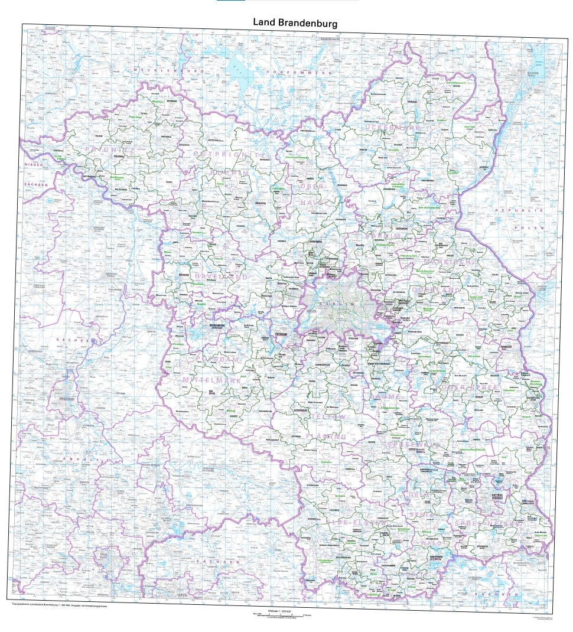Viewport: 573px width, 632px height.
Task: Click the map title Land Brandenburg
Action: tap(295, 22)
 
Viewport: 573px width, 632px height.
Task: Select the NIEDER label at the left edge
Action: tap(33, 164)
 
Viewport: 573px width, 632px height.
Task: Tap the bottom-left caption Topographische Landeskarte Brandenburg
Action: tap(59, 606)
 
